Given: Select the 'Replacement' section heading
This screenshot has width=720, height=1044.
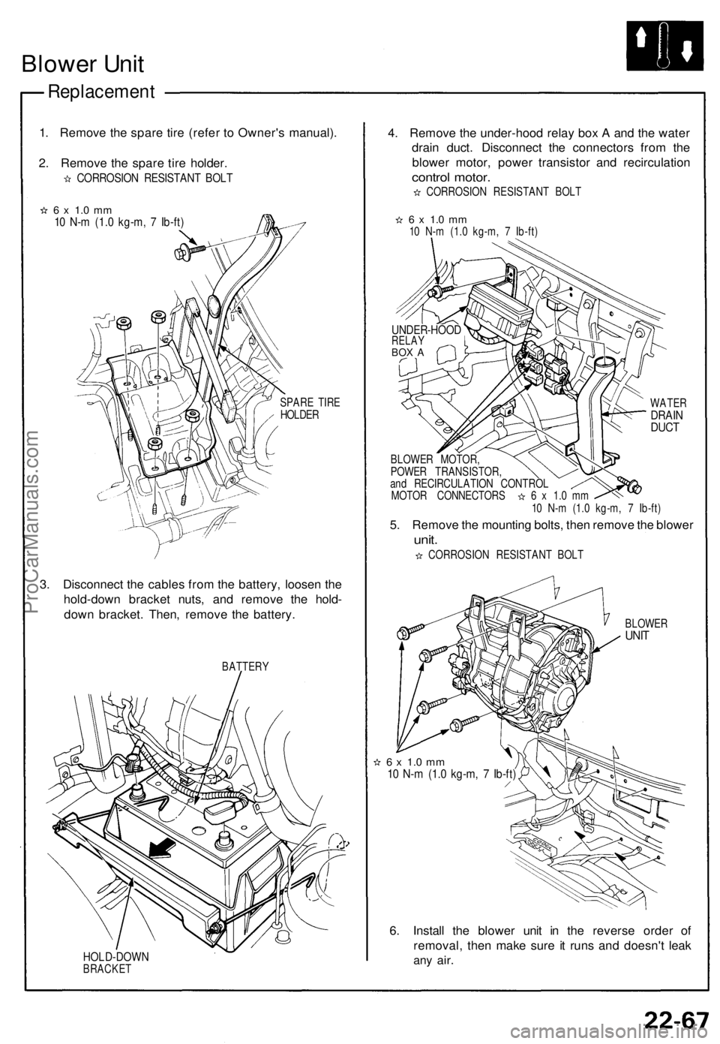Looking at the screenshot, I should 102,92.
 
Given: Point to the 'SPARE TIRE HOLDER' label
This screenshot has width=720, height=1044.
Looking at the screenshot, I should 309,409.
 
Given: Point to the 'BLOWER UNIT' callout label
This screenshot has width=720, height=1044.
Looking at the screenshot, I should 646,629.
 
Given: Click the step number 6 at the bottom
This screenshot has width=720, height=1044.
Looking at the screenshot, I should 394,931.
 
